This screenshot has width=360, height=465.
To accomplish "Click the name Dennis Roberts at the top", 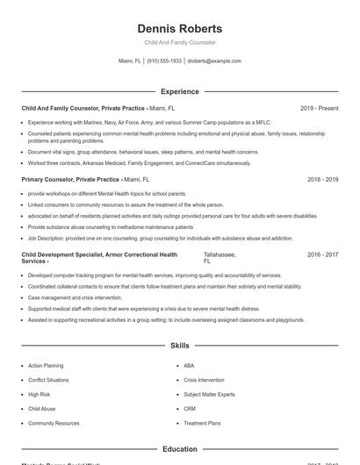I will (180, 28).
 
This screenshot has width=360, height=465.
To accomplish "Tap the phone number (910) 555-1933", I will (164, 61).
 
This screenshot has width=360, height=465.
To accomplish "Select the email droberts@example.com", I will (214, 61).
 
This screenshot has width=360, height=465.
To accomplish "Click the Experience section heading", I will (180, 91).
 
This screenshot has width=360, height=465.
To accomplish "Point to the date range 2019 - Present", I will (319, 108).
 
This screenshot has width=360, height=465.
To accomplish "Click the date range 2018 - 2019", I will (322, 179).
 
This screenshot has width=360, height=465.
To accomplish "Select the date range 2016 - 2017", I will (322, 254).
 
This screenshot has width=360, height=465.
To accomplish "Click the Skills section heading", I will (180, 346).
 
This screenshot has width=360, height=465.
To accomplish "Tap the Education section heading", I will (180, 449).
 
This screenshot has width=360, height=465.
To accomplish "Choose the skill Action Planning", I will (46, 365).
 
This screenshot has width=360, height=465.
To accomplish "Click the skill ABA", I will (189, 365).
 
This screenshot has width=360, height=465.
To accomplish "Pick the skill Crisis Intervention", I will (204, 380).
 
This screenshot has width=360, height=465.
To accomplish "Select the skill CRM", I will (190, 409).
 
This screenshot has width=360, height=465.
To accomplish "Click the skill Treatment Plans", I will (202, 423).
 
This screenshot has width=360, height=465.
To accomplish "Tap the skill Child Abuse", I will (41, 409).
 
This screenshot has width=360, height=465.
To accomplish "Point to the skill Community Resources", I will (54, 423).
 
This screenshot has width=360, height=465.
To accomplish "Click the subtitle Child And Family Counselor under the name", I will (180, 42).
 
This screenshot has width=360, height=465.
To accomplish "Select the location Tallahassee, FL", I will (220, 257).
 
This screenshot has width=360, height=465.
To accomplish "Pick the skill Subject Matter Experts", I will (209, 394).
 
